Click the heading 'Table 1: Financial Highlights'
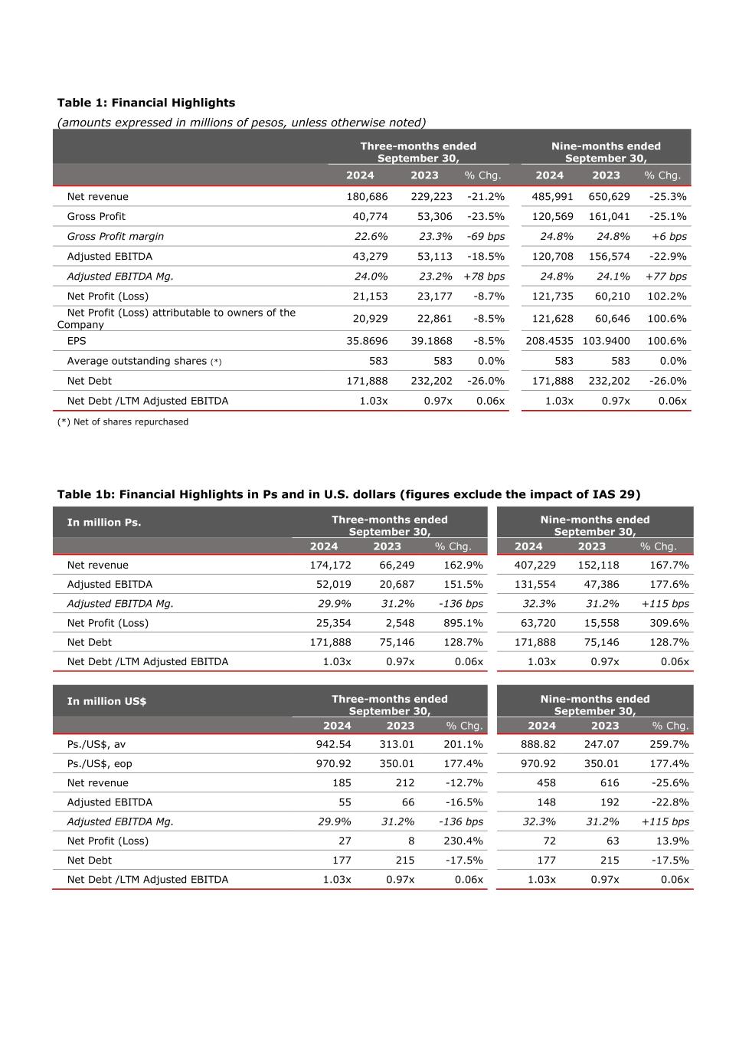tap(146, 103)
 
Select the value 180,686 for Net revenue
tap(367, 197)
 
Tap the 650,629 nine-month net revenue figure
tap(609, 197)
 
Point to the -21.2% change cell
tap(486, 197)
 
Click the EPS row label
tap(77, 341)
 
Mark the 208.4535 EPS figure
tap(549, 341)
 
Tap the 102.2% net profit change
tap(668, 297)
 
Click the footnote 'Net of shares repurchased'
tap(123, 421)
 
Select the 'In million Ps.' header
tap(104, 523)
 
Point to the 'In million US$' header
tap(106, 701)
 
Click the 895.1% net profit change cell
tap(463, 623)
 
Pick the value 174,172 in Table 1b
tap(330, 566)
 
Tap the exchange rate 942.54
tap(333, 744)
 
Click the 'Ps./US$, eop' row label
tap(100, 764)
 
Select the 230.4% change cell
tap(463, 841)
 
